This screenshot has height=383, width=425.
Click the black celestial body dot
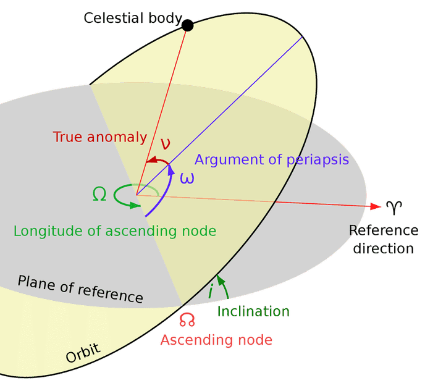coord(187,25)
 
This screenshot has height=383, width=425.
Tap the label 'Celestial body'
coord(133,18)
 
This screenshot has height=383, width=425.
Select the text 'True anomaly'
coord(99,137)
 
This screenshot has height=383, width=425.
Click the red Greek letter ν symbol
coord(166,143)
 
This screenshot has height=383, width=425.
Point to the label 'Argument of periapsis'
coord(272,160)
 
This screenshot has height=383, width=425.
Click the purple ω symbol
coord(187,178)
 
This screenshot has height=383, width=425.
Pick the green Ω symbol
coord(99,195)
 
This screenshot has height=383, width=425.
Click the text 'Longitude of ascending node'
coord(115,231)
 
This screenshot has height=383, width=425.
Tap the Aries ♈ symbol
coord(393,206)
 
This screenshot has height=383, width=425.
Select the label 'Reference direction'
coord(384,240)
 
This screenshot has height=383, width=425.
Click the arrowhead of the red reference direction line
coord(374,206)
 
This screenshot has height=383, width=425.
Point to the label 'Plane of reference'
coord(80,289)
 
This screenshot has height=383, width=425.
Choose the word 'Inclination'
coord(253,311)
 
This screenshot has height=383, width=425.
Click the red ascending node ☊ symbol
coord(187,319)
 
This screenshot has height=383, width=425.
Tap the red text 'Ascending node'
coord(216,340)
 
